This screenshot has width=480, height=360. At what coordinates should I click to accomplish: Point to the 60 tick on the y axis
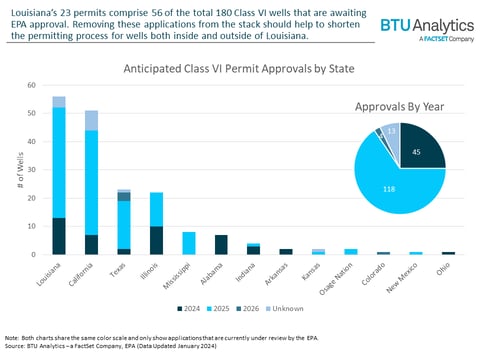pos(33,86)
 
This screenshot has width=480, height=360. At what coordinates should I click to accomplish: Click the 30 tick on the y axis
pos(33,170)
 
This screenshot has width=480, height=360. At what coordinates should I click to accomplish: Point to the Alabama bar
pos(221,244)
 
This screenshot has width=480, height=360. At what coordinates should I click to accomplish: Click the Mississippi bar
pos(189,243)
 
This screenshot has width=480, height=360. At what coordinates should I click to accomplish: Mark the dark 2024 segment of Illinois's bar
pos(156,240)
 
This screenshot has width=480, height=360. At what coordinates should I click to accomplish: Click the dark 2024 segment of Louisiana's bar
pos(59,236)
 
